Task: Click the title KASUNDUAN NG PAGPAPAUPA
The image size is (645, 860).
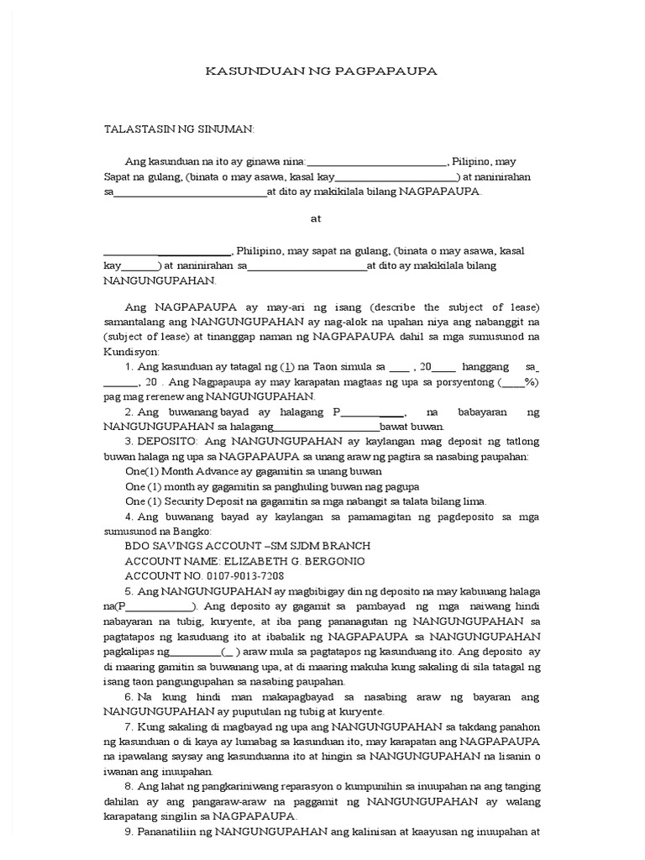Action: pyautogui.click(x=322, y=71)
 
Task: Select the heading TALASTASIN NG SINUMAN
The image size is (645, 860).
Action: pyautogui.click(x=178, y=129)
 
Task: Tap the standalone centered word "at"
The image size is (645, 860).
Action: pyautogui.click(x=316, y=218)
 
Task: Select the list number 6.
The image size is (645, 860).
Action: pyautogui.click(x=128, y=697)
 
